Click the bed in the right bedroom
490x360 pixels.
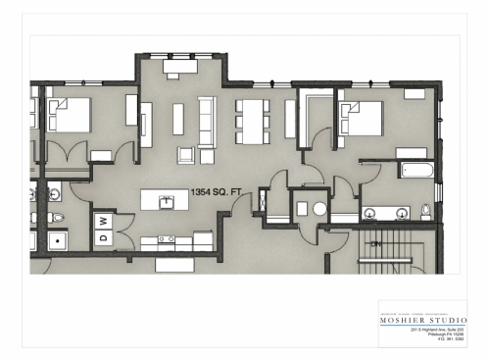(x=362, y=119)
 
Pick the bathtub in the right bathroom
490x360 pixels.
(x=416, y=170)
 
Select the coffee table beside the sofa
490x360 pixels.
(x=178, y=119)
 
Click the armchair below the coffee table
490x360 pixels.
(x=185, y=154)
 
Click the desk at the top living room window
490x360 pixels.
(x=179, y=73)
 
